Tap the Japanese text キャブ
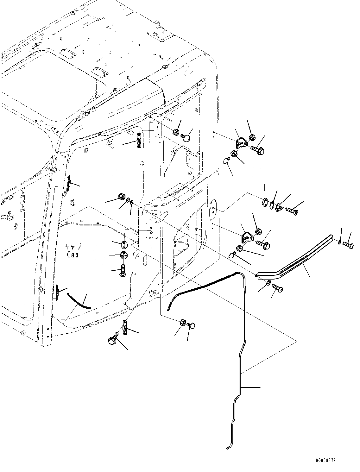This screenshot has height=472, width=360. (73, 247)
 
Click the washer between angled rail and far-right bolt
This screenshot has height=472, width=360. (339, 242)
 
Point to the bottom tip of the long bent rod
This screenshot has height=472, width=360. (227, 448)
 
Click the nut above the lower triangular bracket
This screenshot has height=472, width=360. (258, 232)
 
